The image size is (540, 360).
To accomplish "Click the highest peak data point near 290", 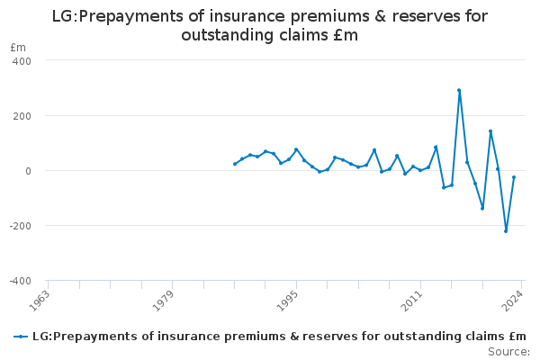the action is pyautogui.click(x=459, y=90).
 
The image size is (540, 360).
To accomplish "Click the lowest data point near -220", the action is pyautogui.click(x=506, y=231).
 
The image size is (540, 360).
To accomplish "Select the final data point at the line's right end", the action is pyautogui.click(x=514, y=177).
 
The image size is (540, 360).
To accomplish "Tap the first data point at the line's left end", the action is pyautogui.click(x=235, y=164).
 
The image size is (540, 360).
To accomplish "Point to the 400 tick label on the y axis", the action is pyautogui.click(x=22, y=61).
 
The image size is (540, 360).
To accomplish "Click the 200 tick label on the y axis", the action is pyautogui.click(x=22, y=116).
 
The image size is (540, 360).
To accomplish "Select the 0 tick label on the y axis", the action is pyautogui.click(x=28, y=171).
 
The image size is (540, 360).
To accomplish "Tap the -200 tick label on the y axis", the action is pyautogui.click(x=21, y=226).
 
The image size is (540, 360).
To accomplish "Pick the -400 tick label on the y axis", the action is pyautogui.click(x=21, y=281).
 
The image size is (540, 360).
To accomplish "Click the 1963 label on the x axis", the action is pyautogui.click(x=40, y=301).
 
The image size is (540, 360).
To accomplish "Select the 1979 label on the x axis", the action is pyautogui.click(x=163, y=301).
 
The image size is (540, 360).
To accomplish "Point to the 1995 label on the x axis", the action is pyautogui.click(x=288, y=301).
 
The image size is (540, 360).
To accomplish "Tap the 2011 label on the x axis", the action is pyautogui.click(x=412, y=301).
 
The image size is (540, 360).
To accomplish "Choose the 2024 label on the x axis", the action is pyautogui.click(x=513, y=301).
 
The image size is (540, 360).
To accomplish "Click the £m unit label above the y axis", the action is pyautogui.click(x=18, y=48).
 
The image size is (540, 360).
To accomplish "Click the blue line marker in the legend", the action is pyautogui.click(x=21, y=337).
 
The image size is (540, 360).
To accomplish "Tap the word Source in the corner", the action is pyautogui.click(x=507, y=352).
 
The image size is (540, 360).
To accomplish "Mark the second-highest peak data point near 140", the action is pyautogui.click(x=490, y=131).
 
